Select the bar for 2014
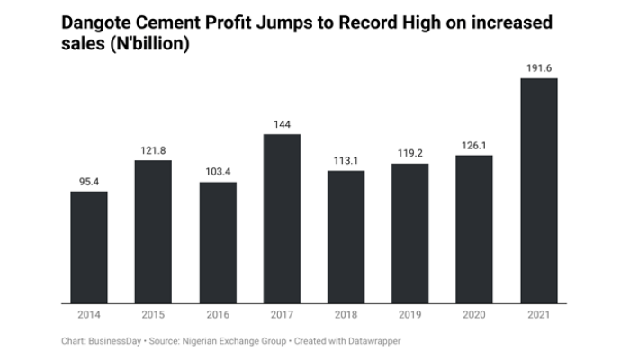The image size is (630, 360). coord(89,247)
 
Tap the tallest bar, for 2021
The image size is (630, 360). coord(539,191)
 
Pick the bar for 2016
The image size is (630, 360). coord(218,243)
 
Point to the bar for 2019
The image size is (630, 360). coord(410,234)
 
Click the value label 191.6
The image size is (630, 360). coord(539,67)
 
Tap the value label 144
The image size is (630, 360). coord(282,122)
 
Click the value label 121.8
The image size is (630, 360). coord(154,149)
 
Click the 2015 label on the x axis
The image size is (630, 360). coord(154,315)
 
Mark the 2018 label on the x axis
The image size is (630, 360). coord(346,315)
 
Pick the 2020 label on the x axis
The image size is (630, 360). coord(474,315)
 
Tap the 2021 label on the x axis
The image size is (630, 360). coord(539,315)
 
